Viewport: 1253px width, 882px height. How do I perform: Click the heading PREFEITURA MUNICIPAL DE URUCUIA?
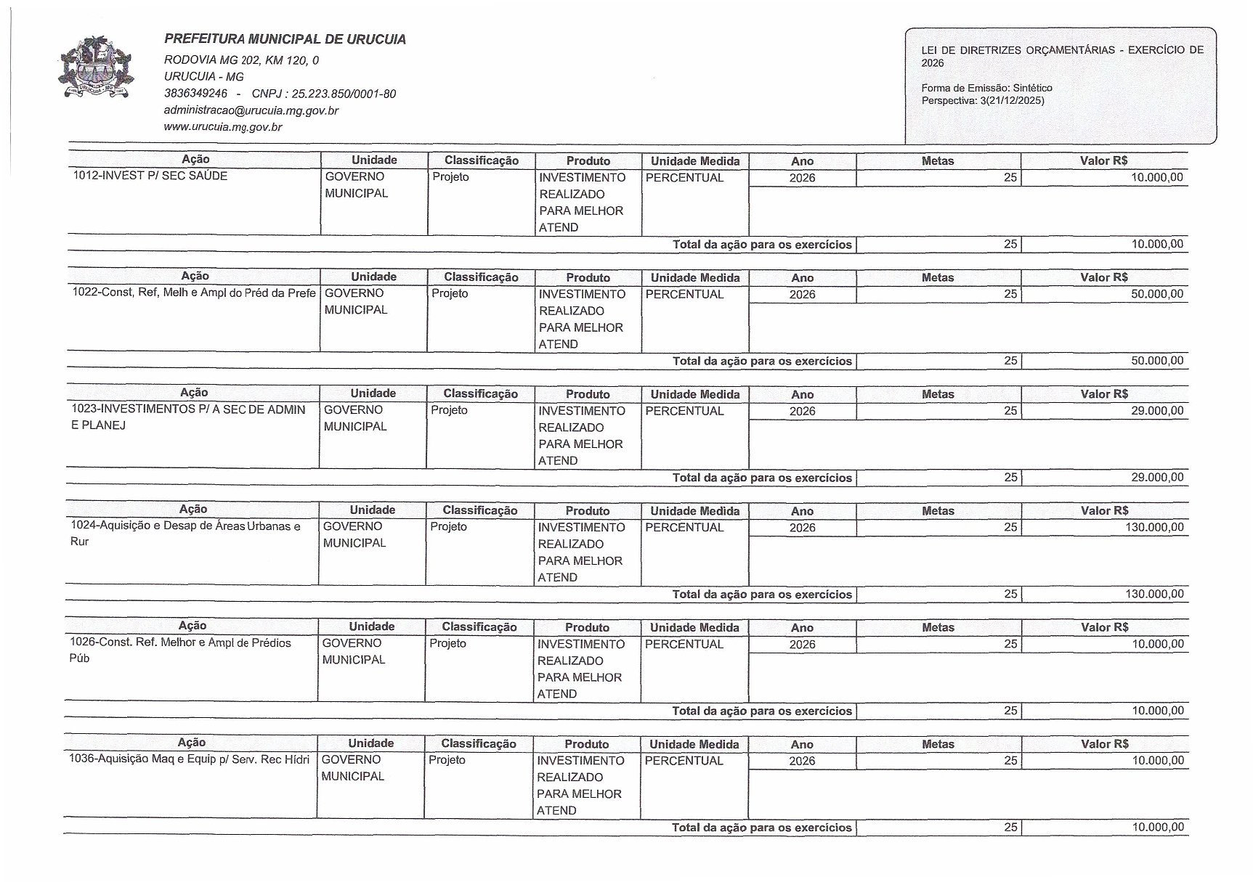(285, 39)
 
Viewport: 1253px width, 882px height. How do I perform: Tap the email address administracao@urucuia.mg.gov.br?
(251, 110)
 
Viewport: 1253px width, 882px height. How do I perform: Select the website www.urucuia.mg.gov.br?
(223, 127)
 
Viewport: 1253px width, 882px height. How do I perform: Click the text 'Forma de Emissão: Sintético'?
(986, 88)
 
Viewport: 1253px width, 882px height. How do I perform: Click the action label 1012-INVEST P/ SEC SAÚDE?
(150, 176)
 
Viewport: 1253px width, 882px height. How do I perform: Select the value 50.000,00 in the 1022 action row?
(1157, 294)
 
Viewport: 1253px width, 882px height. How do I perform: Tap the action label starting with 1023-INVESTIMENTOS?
(188, 417)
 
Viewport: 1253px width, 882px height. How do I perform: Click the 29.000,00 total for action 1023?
(1157, 477)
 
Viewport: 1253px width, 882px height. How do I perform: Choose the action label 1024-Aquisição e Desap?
(185, 533)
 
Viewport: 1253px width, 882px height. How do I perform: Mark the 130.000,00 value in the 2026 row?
(1154, 527)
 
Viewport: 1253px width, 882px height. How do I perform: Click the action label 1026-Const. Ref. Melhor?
(180, 650)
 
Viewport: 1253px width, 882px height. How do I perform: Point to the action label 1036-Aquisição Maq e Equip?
(189, 759)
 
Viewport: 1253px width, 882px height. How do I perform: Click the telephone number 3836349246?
(195, 94)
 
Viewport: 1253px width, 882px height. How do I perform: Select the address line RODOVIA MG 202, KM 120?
(241, 60)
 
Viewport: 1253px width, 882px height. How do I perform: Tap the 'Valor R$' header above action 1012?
(1103, 160)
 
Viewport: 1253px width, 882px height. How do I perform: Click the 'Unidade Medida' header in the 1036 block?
(694, 744)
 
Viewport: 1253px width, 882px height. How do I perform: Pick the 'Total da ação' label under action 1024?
(761, 594)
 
